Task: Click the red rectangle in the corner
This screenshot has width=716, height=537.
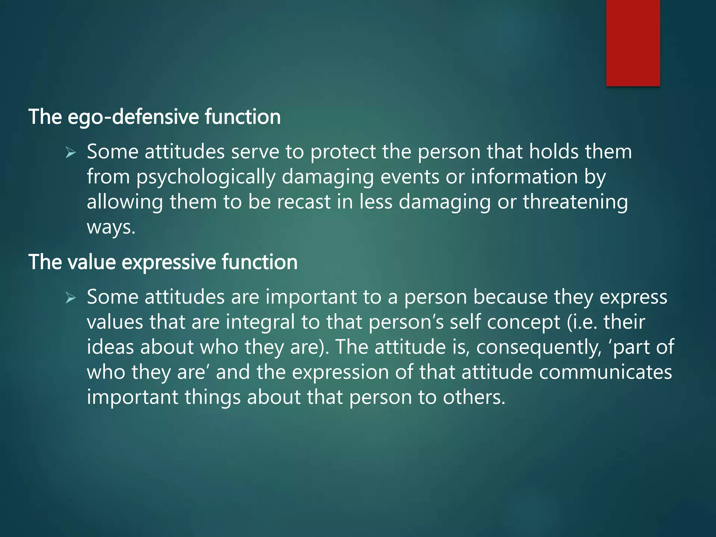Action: click(633, 43)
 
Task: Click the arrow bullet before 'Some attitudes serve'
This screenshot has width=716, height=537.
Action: click(71, 153)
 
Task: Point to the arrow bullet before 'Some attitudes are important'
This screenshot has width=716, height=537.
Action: click(71, 298)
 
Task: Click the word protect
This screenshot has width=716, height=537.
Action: click(343, 152)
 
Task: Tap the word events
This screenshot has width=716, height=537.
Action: click(409, 177)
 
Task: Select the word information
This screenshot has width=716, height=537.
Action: click(524, 177)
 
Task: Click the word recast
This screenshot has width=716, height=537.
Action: click(304, 202)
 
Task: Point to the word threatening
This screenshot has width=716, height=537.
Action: click(575, 202)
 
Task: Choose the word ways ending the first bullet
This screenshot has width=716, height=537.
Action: click(110, 228)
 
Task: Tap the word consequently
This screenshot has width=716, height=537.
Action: click(538, 348)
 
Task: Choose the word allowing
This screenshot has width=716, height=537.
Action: click(125, 202)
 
